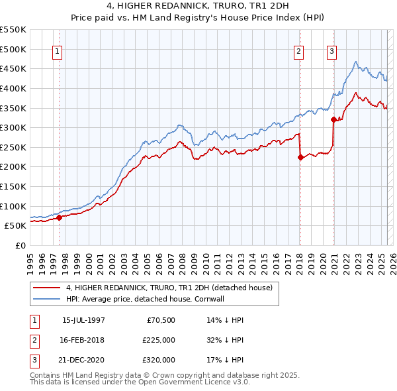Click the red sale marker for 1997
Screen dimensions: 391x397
point(60,217)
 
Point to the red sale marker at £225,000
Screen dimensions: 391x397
point(300,157)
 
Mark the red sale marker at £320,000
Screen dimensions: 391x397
point(333,119)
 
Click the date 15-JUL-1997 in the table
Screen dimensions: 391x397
point(83,320)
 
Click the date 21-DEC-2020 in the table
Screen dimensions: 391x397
point(83,360)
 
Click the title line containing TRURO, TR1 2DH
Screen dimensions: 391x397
point(198,7)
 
